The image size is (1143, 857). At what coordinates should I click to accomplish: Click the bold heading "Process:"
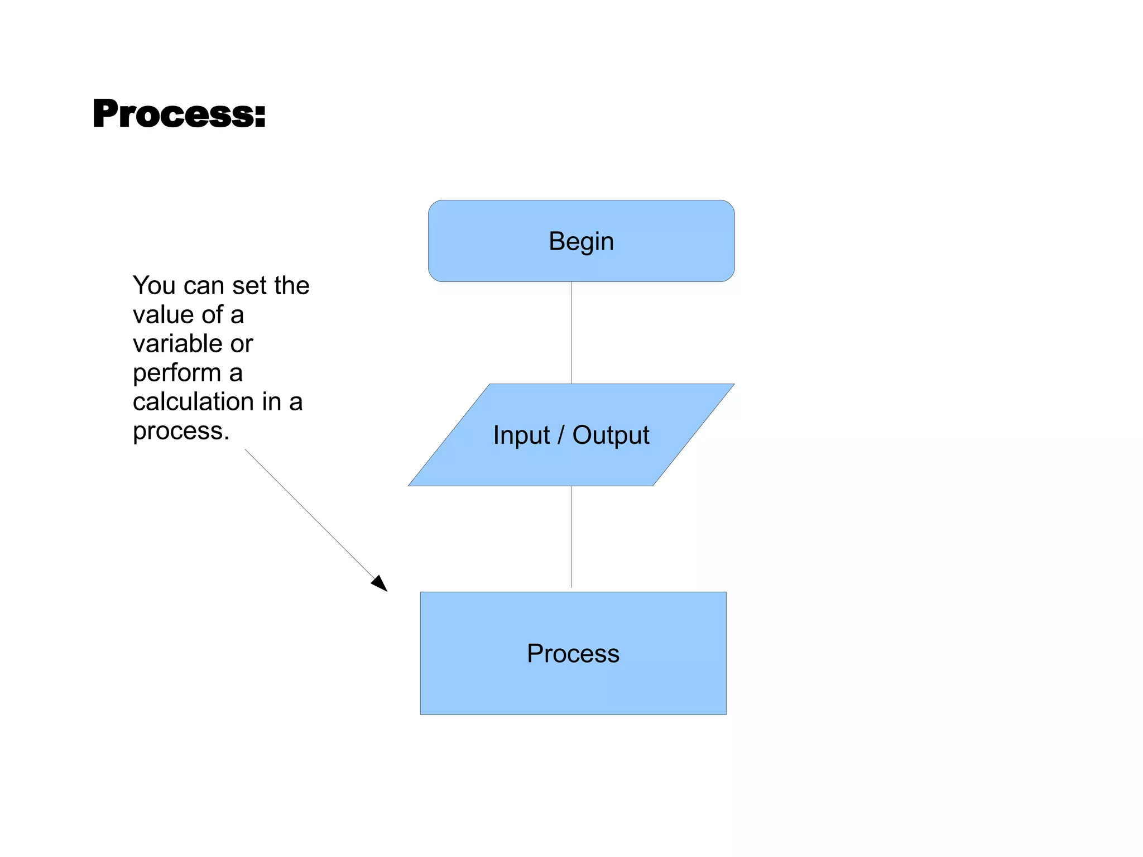[x=179, y=114]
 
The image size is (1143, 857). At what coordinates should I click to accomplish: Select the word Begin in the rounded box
[x=581, y=242]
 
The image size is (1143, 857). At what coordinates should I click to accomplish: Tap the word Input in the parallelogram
[x=521, y=435]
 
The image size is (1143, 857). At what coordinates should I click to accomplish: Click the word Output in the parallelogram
[x=611, y=435]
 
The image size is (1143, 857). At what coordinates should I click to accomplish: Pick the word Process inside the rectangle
[x=573, y=654]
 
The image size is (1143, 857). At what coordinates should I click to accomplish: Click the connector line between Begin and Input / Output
[x=571, y=333]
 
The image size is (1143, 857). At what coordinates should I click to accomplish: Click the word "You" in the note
[x=154, y=286]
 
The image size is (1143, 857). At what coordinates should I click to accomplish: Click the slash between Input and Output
[x=561, y=435]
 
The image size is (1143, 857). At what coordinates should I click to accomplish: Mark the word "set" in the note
[x=249, y=286]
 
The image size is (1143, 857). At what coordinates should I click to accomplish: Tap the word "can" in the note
[x=204, y=286]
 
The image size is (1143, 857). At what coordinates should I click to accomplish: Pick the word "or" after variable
[x=242, y=344]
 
